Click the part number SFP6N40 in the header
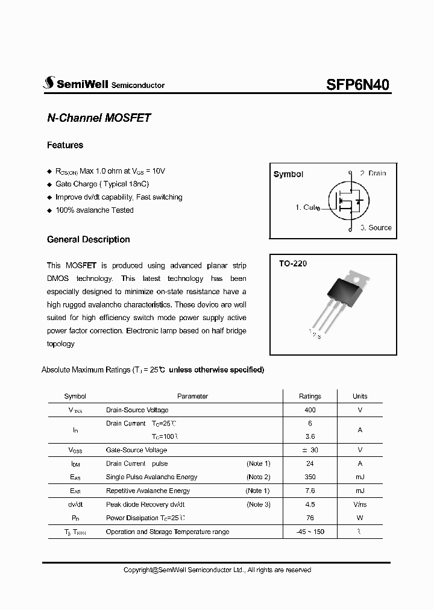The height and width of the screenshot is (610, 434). (x=358, y=85)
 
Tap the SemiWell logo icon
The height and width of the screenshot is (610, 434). (x=49, y=84)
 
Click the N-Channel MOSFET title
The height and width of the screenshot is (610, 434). (x=98, y=118)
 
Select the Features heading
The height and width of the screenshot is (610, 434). (x=65, y=145)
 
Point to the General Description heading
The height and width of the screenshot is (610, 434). (x=88, y=239)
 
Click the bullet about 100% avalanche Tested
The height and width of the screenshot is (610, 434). (x=94, y=210)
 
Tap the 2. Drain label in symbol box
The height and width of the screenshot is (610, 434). (x=373, y=173)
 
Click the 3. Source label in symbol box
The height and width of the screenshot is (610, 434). (x=376, y=228)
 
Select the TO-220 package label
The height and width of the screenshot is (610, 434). (x=292, y=264)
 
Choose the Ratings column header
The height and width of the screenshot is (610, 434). (x=310, y=396)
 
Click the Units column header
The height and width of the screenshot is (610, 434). (x=360, y=396)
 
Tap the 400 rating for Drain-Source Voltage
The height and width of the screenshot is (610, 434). (x=310, y=410)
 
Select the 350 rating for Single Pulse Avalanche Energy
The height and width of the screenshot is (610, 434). (x=310, y=477)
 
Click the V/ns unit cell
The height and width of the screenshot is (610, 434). (x=360, y=505)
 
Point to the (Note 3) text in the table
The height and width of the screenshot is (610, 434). (x=258, y=505)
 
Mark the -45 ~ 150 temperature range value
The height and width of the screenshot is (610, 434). (x=310, y=532)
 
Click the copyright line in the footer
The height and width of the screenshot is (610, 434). (x=217, y=570)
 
